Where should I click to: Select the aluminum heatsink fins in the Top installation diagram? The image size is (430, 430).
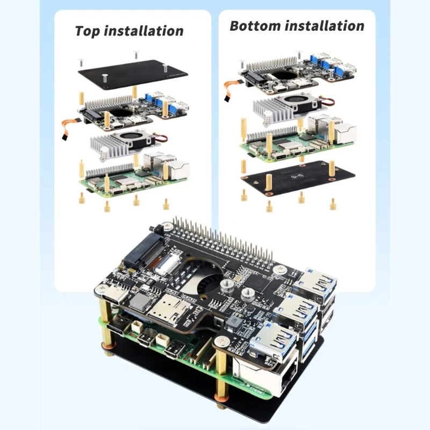[x=107, y=143]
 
